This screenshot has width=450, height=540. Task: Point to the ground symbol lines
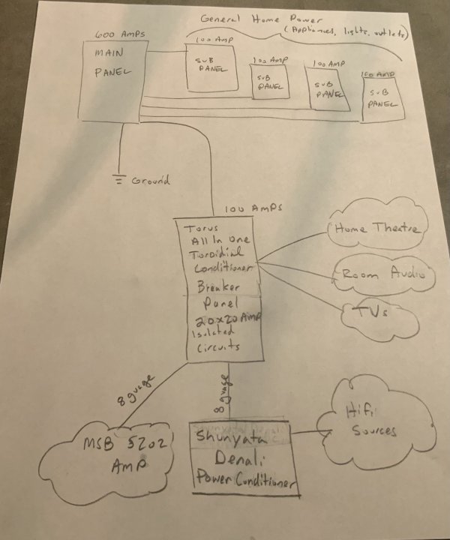point(118,180)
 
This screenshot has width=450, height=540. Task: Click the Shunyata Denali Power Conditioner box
point(241,457)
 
